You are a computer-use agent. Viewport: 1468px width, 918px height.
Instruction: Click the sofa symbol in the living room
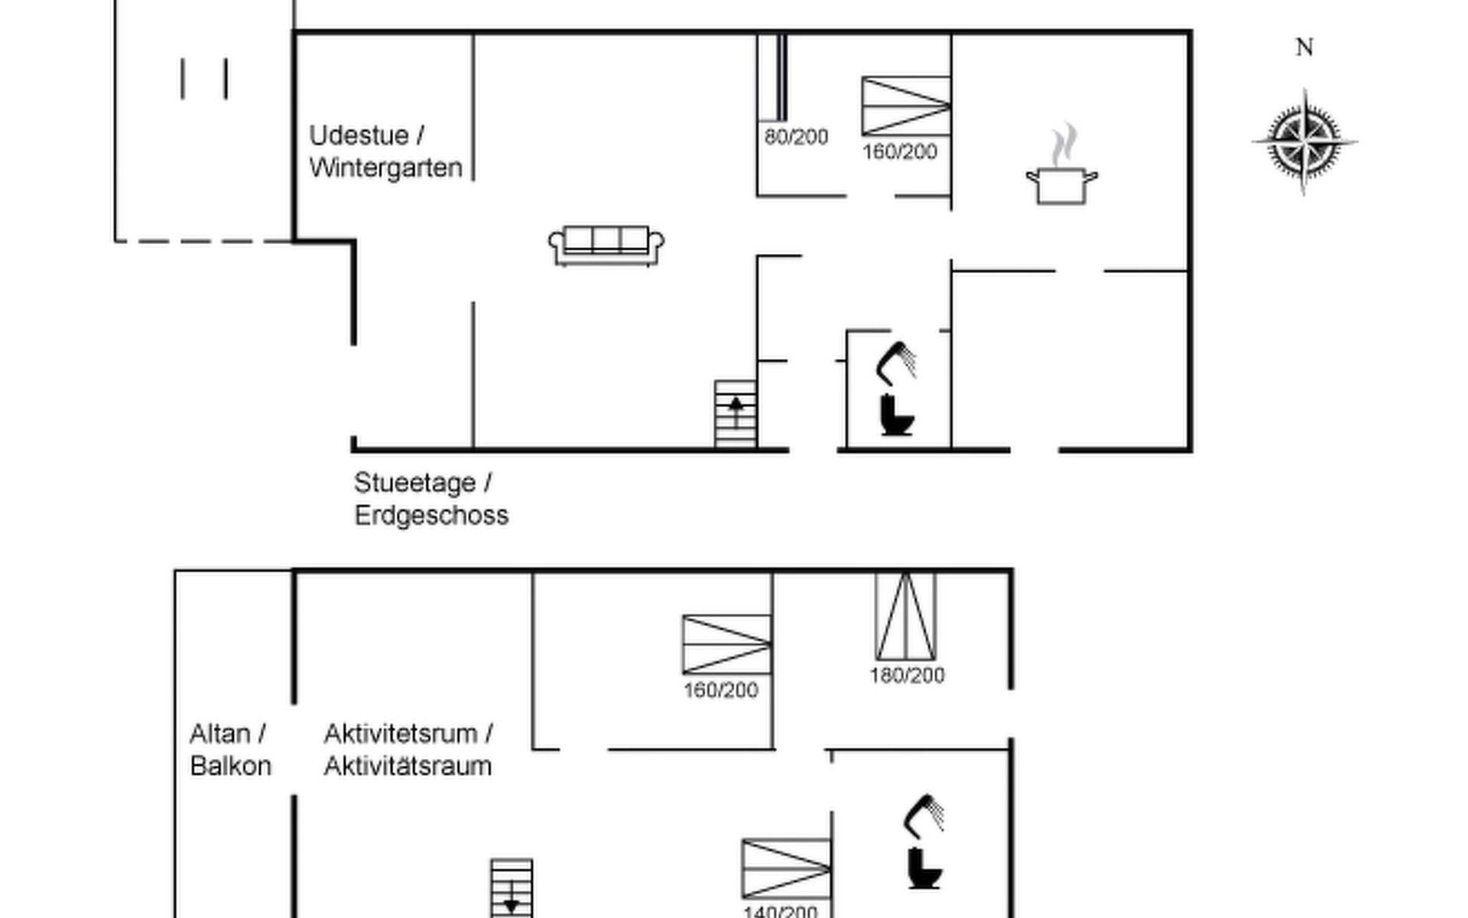[x=606, y=246]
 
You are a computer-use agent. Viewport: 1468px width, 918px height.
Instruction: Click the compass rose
[x=1304, y=142]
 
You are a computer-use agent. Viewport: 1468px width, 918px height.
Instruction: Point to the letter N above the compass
[x=1304, y=48]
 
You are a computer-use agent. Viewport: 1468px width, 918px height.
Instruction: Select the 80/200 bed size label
[x=796, y=138]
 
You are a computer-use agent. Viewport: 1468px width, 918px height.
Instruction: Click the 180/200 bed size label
[x=907, y=675]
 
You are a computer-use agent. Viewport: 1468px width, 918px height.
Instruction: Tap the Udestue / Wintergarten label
[x=385, y=151]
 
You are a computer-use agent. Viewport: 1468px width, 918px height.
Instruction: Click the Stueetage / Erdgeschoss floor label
[x=430, y=499]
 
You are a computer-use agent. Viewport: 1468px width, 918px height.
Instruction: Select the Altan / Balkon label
[x=230, y=750]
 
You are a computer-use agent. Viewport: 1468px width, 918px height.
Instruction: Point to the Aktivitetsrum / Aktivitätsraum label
[x=408, y=750]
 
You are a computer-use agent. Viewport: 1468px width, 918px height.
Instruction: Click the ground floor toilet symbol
[x=897, y=415]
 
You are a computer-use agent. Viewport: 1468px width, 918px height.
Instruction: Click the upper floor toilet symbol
[x=924, y=868]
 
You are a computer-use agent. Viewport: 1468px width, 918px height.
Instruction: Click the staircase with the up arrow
[x=736, y=413]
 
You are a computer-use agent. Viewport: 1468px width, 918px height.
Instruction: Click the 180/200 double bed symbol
[x=905, y=616]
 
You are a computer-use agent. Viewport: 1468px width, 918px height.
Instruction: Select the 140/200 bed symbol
[x=786, y=868]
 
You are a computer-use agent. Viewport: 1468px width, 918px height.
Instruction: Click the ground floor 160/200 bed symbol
[x=906, y=106]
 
